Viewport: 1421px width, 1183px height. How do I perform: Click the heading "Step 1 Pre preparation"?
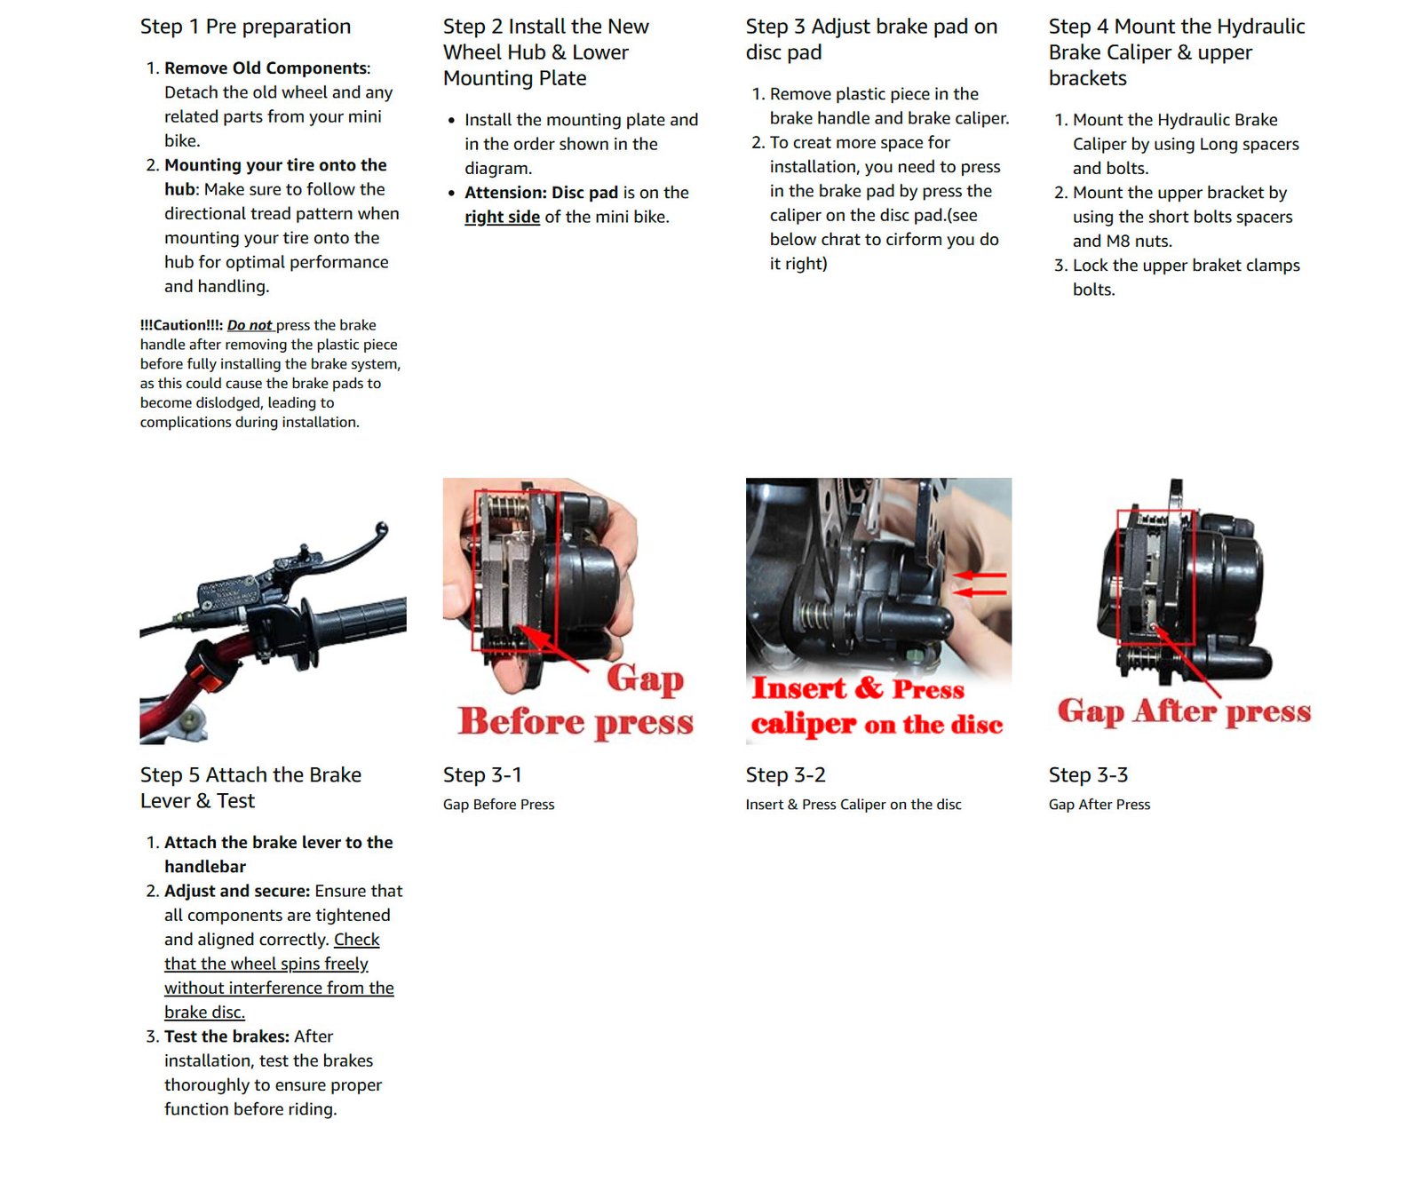[245, 27]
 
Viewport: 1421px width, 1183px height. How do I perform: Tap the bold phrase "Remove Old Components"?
[266, 68]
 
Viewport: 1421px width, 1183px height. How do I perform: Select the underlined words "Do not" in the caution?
[250, 325]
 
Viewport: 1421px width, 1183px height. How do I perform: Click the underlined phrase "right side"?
[502, 217]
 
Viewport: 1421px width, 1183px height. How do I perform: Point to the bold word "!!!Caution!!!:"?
[181, 325]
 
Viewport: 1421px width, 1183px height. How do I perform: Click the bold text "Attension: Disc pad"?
[541, 193]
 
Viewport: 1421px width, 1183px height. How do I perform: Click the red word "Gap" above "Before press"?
[646, 679]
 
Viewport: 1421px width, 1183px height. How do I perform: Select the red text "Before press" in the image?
[576, 721]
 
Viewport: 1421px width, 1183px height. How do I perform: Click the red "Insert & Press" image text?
[858, 688]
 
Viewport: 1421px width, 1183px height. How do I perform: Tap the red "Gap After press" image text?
[1184, 711]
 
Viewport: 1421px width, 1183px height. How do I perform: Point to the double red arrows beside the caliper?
[980, 584]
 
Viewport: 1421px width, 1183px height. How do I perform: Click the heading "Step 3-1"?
[482, 775]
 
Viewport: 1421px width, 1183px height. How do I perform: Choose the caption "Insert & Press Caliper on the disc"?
[853, 805]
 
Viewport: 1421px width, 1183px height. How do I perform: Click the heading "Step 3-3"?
[1088, 775]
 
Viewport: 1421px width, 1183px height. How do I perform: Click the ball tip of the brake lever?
[382, 529]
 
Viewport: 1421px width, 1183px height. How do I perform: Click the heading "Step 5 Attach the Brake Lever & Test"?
[250, 788]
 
